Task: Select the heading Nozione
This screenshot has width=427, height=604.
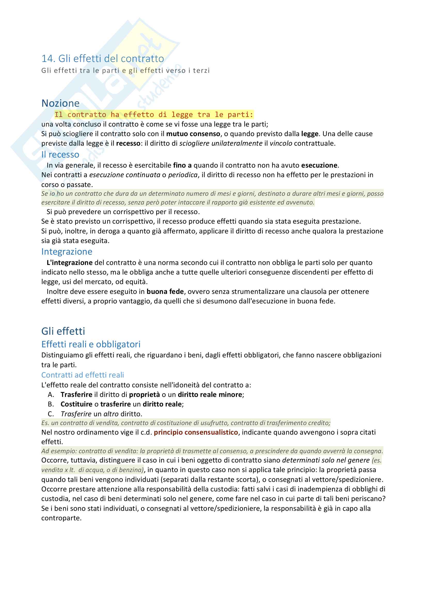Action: click(60, 103)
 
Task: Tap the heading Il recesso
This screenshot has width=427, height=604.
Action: click(60, 155)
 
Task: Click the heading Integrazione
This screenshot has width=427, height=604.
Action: click(67, 252)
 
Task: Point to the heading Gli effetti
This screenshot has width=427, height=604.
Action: click(63, 331)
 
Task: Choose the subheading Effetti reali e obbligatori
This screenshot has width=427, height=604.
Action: click(91, 344)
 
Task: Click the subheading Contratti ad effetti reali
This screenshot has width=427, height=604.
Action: click(83, 375)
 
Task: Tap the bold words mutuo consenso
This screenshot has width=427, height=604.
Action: click(193, 134)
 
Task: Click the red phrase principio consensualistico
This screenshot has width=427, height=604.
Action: click(196, 432)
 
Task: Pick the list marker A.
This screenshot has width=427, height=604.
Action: click(51, 395)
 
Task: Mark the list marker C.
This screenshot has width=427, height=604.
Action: click(51, 414)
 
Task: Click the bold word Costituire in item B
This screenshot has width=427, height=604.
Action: click(76, 404)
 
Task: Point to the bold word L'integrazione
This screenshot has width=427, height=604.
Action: click(69, 263)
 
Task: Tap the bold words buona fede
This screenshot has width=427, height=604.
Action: click(165, 292)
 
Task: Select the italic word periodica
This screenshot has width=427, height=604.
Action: click(183, 175)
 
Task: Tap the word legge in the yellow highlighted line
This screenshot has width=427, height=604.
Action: click(182, 115)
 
